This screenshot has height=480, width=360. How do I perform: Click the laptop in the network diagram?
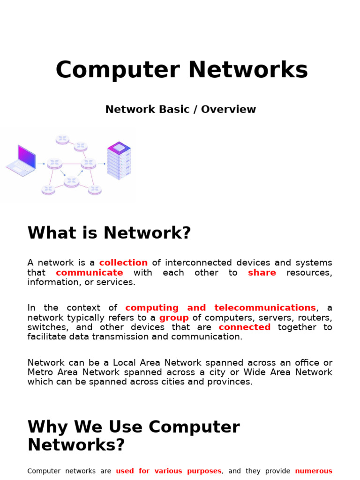point(22,160)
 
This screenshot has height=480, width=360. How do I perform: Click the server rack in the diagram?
point(119,160)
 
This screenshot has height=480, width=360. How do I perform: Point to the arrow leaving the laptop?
point(41,164)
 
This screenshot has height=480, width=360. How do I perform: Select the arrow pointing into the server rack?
point(102,164)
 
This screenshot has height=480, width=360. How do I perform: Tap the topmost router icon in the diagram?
point(62,139)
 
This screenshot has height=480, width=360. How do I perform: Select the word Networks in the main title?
point(248,70)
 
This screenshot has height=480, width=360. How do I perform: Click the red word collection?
point(123,263)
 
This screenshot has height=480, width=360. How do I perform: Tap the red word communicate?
point(90,273)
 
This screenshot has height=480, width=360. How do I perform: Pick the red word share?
point(262,273)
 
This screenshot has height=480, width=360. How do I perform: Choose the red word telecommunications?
point(265,308)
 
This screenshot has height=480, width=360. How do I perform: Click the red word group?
point(174,318)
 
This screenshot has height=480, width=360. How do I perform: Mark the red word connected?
point(245,327)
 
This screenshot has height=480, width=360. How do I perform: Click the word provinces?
point(231,382)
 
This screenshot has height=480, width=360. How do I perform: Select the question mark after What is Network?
point(187,233)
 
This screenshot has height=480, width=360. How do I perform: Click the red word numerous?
point(314,471)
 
